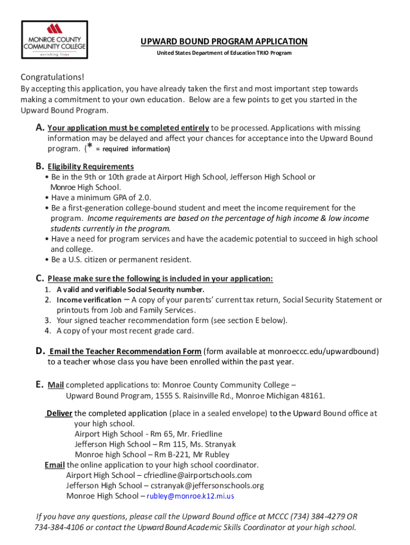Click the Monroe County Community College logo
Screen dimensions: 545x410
tap(54, 40)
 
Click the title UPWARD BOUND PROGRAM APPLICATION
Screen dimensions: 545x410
tap(224, 42)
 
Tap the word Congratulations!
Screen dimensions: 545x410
tap(52, 77)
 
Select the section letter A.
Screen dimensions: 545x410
tap(39, 128)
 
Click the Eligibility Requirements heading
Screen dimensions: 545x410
tap(91, 167)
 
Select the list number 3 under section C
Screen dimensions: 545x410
tap(47, 320)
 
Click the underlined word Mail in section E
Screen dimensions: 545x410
tap(55, 385)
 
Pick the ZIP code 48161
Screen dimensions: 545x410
tap(312, 395)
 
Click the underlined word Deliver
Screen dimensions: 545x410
tap(59, 413)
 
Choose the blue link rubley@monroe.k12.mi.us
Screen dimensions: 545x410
tap(190, 496)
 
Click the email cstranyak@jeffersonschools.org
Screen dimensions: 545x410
tap(207, 485)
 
